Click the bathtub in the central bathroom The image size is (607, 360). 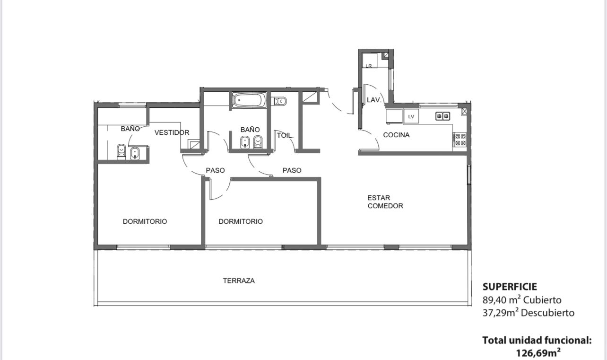coord(249,100)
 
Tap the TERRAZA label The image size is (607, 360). coord(239,281)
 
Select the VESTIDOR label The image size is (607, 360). coord(172,132)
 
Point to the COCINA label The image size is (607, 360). coord(396,135)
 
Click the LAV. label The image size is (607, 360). coord(374,100)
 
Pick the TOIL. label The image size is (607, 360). coord(285,135)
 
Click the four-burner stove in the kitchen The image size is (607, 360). coord(460,140)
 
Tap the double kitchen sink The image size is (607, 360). coord(442,116)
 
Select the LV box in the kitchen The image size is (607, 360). coord(411,116)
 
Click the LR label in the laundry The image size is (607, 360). coord(369,66)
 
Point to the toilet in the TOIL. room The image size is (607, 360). coord(280,101)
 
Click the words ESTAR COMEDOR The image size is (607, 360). coord(385,202)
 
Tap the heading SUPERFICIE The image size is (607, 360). coord(510,287)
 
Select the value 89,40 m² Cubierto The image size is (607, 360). coord(522,300)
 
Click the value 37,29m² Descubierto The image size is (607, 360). coord(529,313)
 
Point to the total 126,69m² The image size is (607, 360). coord(538,353)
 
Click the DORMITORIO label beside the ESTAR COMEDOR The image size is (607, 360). coord(241,221)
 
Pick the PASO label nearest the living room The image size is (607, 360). coord(292,170)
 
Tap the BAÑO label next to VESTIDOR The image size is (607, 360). coord(130,129)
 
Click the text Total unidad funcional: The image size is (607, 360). coord(537,340)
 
